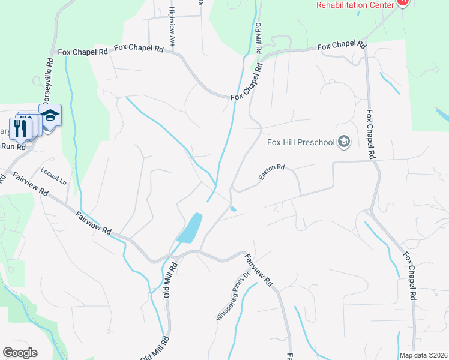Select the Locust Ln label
pos(53,176)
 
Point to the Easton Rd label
pos(271,173)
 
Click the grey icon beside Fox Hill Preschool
pos(344,142)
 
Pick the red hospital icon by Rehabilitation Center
pos(402,3)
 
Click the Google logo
pos(20,352)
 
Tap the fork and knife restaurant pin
pos(20,127)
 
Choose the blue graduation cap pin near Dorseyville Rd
pos(50,115)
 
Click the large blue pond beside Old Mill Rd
pos(190,227)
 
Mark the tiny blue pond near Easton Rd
pos(233,209)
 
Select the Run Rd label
pos(13,146)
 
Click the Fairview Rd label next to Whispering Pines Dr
pos(259,269)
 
